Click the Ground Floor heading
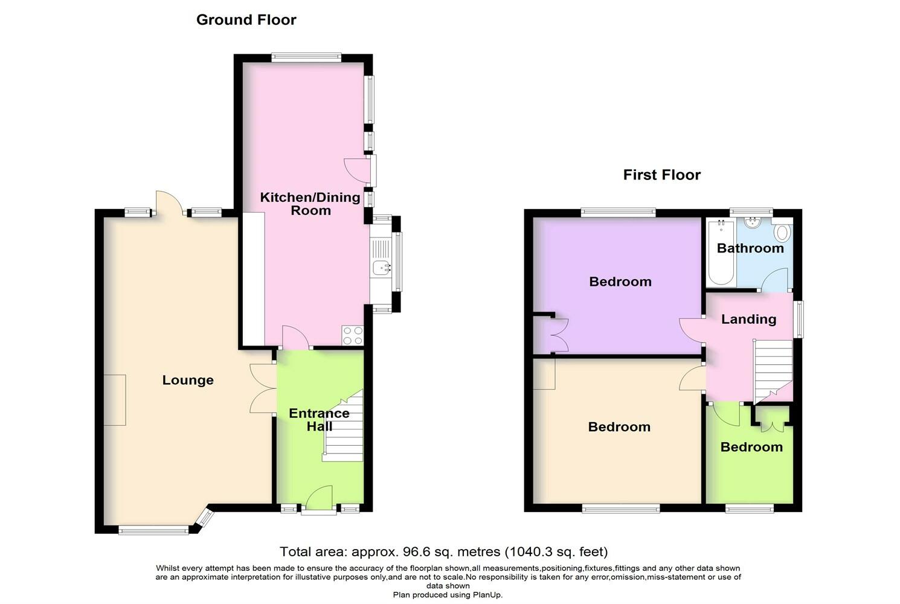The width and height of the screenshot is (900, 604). [246, 20]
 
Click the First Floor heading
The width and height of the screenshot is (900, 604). [661, 175]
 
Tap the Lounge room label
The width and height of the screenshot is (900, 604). [188, 380]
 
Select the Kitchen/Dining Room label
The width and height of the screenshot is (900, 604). [310, 204]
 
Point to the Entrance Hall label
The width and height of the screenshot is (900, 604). [319, 420]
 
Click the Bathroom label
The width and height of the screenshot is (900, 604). [750, 248]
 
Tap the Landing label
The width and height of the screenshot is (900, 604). [748, 320]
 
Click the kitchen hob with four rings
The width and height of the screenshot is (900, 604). [352, 335]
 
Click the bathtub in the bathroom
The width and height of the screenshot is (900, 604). [721, 252]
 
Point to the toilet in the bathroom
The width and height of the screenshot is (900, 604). [782, 233]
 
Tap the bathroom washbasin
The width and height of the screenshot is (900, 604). [753, 223]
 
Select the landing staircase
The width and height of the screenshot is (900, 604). [773, 368]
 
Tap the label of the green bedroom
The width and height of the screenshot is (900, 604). [751, 448]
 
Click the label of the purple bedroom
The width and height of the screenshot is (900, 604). [620, 282]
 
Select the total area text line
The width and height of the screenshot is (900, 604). [443, 551]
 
